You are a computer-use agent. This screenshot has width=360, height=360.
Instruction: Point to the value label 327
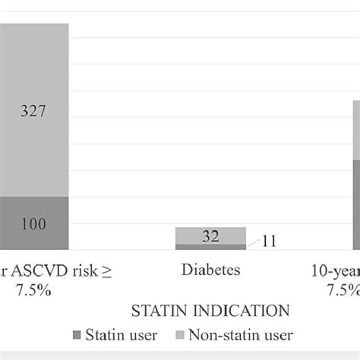[x=34, y=111]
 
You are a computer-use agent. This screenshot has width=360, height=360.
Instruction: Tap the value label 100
[x=34, y=224]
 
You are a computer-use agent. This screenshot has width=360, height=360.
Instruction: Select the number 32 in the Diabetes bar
[x=210, y=236]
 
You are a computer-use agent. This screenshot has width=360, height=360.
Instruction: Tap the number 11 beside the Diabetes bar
[x=269, y=242]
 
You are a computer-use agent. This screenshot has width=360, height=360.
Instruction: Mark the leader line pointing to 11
[x=253, y=245]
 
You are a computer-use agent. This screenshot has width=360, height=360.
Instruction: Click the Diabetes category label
[x=210, y=270]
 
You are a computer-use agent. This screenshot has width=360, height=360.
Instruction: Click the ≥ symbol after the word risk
[x=106, y=270]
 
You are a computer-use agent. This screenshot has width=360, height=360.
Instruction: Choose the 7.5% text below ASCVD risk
[x=33, y=290]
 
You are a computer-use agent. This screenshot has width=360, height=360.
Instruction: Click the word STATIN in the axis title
[x=161, y=311]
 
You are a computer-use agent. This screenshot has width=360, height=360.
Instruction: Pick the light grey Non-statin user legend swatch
[x=180, y=335]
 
